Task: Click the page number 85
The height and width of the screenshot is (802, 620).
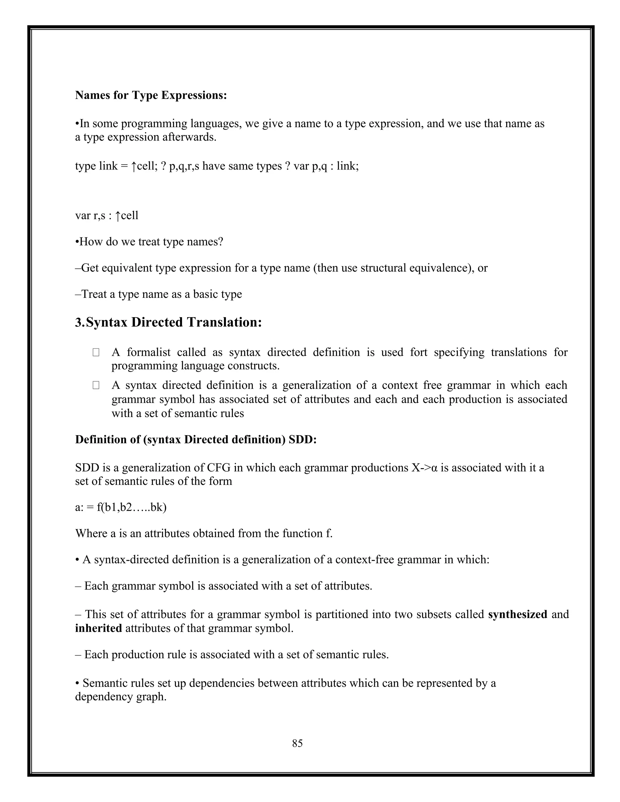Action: tap(297, 743)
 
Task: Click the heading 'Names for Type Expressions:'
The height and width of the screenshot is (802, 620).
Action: tap(151, 95)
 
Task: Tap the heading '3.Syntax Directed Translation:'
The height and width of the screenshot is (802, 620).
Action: tap(168, 322)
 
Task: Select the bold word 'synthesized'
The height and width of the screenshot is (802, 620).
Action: tap(517, 614)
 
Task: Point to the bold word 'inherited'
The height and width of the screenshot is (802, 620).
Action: tap(98, 628)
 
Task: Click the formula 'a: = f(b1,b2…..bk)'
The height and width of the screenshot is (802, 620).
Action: tap(121, 507)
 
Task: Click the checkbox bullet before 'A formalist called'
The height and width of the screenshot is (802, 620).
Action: tap(96, 353)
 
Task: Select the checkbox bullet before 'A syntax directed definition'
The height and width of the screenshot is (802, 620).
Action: tap(96, 385)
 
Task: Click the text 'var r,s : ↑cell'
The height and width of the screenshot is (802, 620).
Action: tap(107, 215)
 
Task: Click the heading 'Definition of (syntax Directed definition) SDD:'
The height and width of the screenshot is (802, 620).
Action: tap(196, 439)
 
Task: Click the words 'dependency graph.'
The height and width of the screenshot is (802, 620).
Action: tap(120, 697)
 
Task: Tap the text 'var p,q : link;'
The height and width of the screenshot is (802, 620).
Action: tap(326, 166)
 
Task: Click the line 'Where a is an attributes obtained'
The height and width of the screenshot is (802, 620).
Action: tap(203, 533)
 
